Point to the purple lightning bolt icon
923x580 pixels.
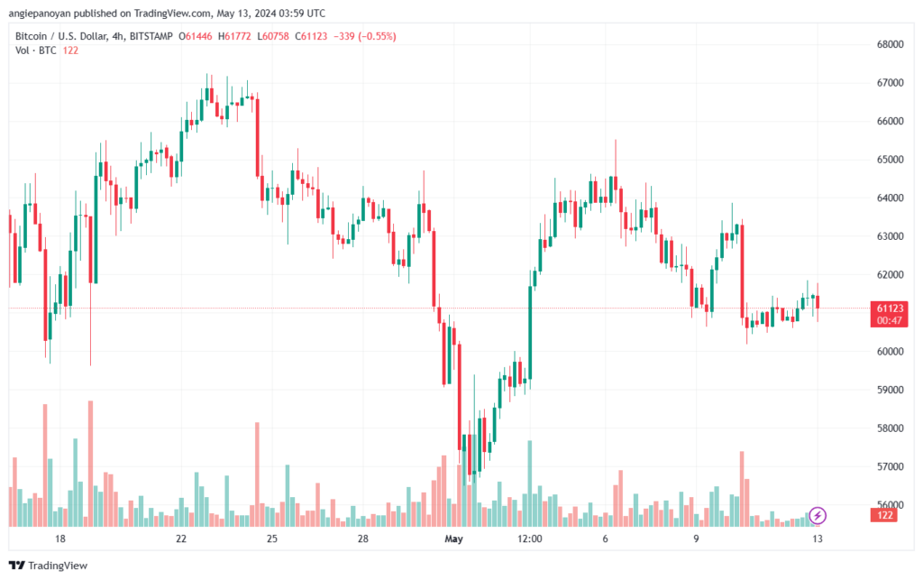tap(818, 515)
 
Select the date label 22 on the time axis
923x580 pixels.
tap(181, 539)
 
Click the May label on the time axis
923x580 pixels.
tap(453, 539)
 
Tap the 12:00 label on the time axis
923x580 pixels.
tap(530, 539)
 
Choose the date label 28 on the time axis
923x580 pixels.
tap(362, 539)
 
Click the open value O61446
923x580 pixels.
tap(195, 36)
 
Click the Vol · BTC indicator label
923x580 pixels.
tap(37, 51)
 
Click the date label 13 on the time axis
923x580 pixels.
tap(817, 539)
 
